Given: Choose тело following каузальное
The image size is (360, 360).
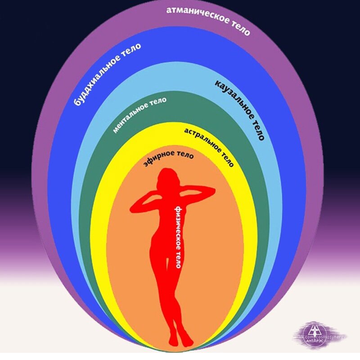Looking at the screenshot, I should pyautogui.click(x=257, y=130).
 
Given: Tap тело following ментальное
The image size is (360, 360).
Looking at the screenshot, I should pyautogui.click(x=158, y=101).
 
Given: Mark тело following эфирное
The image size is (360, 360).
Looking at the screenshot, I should pyautogui.click(x=184, y=156).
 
